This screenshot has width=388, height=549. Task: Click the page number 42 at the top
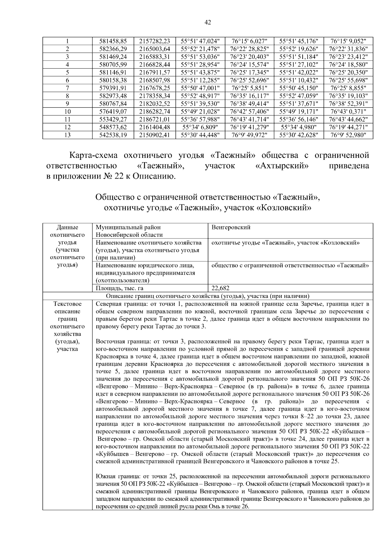tap(208, 22)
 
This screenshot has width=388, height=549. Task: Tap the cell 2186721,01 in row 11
tap(155, 119)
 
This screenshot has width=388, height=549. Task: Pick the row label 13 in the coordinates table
tap(67, 135)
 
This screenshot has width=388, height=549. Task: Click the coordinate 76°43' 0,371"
tap(348, 112)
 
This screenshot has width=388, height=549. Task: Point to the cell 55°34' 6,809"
tap(200, 127)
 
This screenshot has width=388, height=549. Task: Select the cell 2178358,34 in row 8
tap(155, 96)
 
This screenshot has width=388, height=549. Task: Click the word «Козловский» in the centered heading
tap(284, 208)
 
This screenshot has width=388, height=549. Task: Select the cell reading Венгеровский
tap(231, 227)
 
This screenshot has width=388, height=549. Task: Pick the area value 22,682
tap(220, 288)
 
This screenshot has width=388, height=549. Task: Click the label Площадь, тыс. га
tap(119, 288)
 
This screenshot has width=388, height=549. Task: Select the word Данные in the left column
tap(67, 227)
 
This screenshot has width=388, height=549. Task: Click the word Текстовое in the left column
tap(67, 304)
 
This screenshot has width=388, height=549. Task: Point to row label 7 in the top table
tap(67, 88)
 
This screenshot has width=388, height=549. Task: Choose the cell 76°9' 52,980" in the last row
tap(348, 135)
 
